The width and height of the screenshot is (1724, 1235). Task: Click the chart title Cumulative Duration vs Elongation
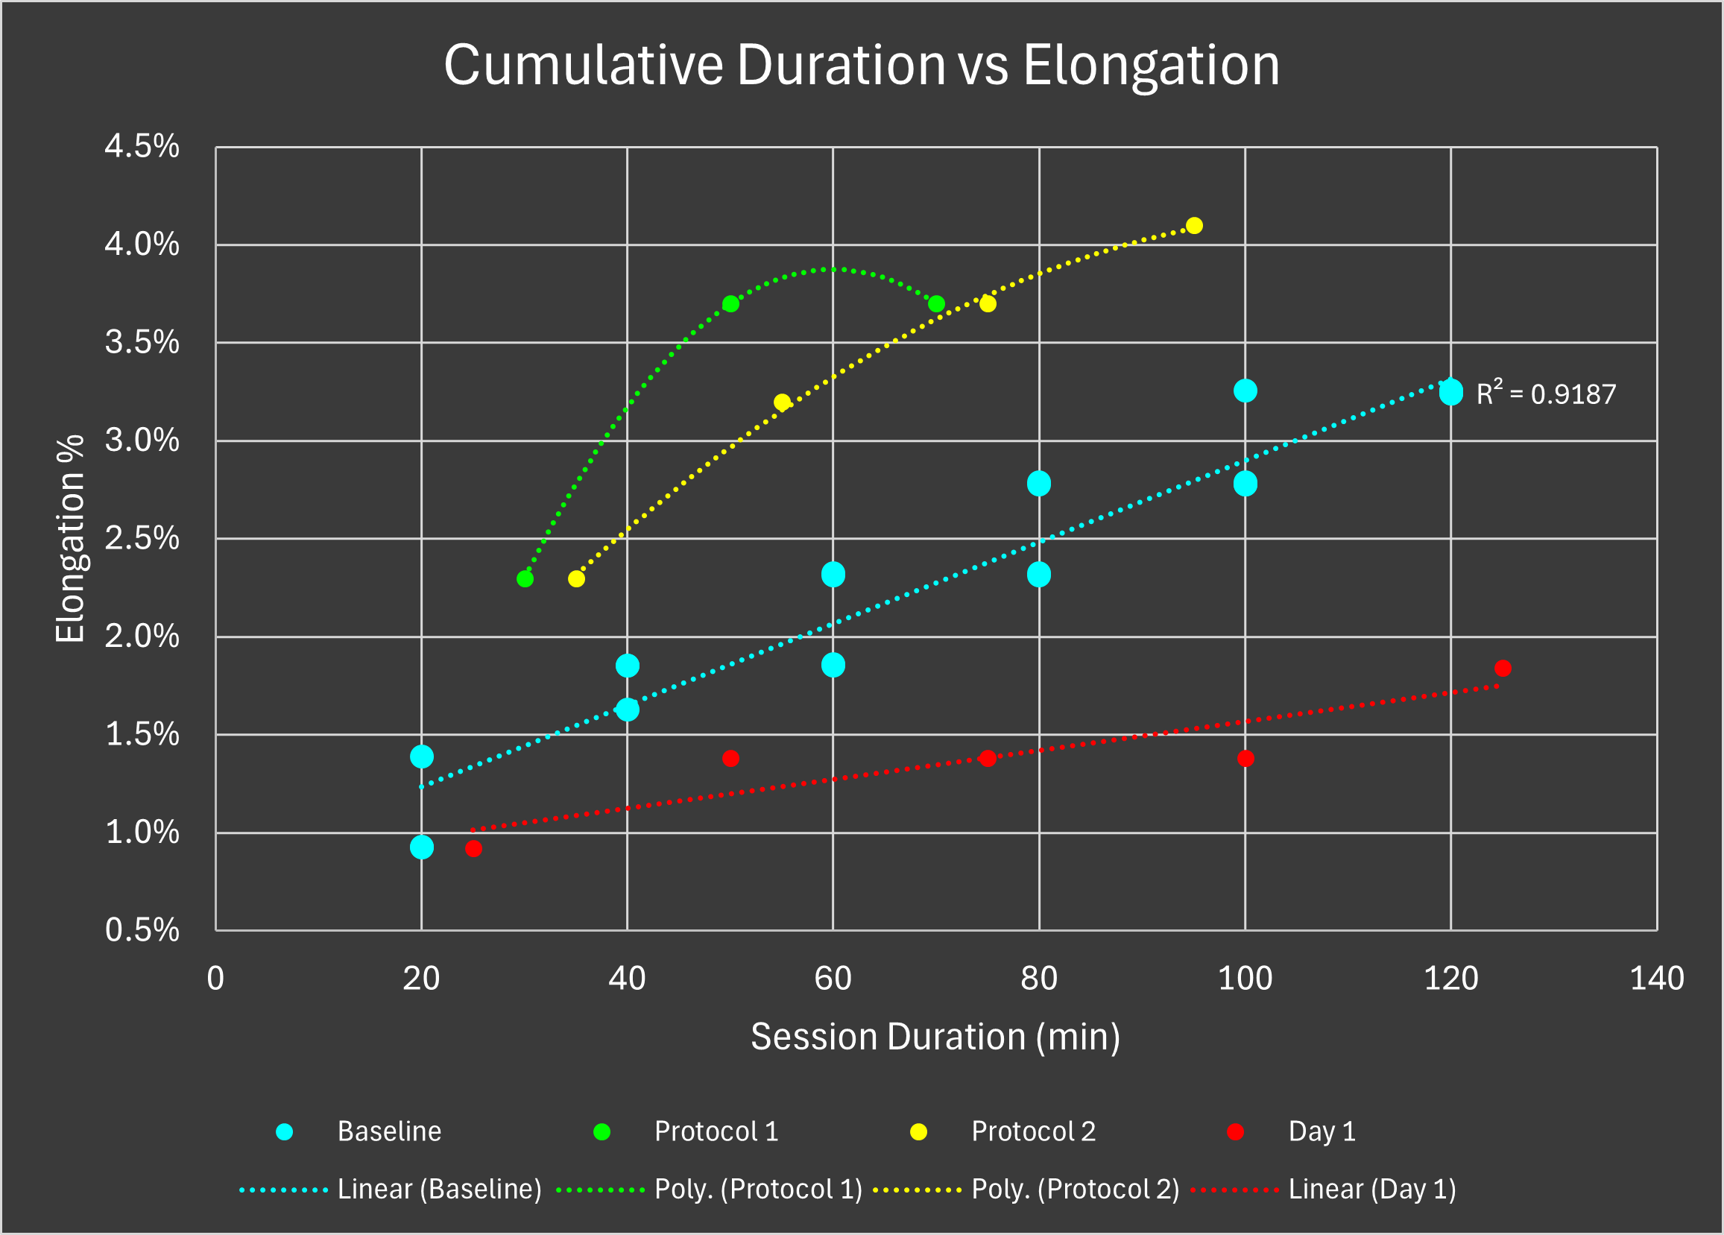pyautogui.click(x=861, y=66)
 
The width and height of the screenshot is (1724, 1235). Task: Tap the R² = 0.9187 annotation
pyautogui.click(x=1545, y=394)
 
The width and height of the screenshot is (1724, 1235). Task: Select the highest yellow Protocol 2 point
pyautogui.click(x=1194, y=226)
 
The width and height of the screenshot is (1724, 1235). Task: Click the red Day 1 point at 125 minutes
pyautogui.click(x=1502, y=668)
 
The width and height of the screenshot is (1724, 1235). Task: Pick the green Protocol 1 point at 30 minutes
pyautogui.click(x=525, y=579)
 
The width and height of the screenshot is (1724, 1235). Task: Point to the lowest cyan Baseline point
pyautogui.click(x=422, y=847)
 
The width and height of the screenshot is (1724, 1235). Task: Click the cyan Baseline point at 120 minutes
pyautogui.click(x=1451, y=392)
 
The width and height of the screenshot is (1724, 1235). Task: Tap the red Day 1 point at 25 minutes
pyautogui.click(x=473, y=848)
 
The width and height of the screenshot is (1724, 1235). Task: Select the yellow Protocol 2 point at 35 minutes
pyautogui.click(x=577, y=579)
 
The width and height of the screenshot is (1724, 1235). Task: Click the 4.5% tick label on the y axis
pyautogui.click(x=142, y=147)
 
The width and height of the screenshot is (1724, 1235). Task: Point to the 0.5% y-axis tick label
pyautogui.click(x=142, y=930)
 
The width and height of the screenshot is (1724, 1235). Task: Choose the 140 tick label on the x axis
pyautogui.click(x=1657, y=979)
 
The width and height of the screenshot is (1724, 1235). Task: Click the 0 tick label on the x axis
pyautogui.click(x=216, y=979)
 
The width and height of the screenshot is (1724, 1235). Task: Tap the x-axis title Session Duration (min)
pyautogui.click(x=935, y=1037)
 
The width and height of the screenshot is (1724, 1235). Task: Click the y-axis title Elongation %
pyautogui.click(x=70, y=539)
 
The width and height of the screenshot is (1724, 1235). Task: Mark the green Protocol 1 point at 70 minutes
pyautogui.click(x=936, y=304)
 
